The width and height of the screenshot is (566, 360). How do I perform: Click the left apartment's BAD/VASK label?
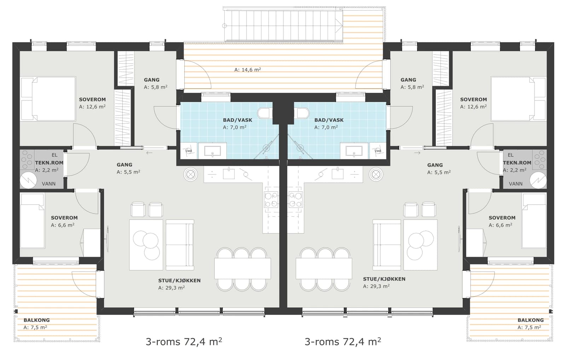click(x=237, y=120)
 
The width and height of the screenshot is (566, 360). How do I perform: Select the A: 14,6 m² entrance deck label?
click(x=248, y=69)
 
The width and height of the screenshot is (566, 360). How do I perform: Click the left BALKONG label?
click(x=37, y=320)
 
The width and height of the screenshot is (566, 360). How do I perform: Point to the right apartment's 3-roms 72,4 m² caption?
click(x=343, y=342)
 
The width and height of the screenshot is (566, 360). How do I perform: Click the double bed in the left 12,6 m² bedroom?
click(x=48, y=99)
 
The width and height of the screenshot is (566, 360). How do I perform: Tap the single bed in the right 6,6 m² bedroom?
click(x=534, y=221)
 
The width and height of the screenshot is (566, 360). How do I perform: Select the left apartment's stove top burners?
click(x=271, y=200)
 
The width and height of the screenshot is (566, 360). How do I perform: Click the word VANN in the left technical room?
click(x=49, y=184)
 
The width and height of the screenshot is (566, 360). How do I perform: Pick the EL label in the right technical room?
click(x=510, y=155)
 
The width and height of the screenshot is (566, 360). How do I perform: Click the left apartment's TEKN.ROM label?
click(x=49, y=162)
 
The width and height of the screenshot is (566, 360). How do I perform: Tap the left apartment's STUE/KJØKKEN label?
click(x=179, y=280)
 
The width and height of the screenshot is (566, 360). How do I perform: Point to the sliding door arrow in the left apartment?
click(x=149, y=153)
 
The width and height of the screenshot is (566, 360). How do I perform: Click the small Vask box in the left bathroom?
click(x=189, y=151)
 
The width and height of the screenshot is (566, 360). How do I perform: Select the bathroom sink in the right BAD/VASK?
click(x=354, y=151)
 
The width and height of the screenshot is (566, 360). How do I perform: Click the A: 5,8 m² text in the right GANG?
click(x=412, y=87)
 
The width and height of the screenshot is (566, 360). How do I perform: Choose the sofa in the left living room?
click(x=180, y=245)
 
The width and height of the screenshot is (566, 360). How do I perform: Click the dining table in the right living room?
click(x=324, y=268)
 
